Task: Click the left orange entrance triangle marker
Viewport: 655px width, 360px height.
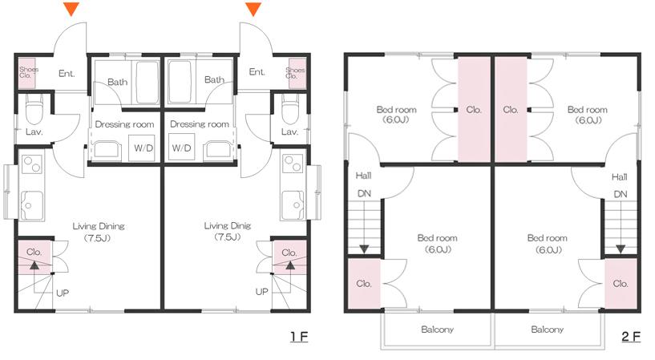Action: pos(71,9)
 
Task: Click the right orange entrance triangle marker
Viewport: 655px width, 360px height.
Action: pos(253,9)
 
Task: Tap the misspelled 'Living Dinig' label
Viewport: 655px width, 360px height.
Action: pos(227,226)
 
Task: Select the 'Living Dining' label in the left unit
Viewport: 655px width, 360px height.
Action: pos(99,226)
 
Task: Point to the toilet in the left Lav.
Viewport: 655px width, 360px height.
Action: pos(34,108)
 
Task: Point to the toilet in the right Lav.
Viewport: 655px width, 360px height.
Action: pos(290,108)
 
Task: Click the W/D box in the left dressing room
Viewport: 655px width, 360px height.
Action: pos(142,148)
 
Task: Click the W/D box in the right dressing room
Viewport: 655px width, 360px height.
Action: pos(182,148)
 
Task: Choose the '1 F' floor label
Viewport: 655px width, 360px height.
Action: pos(299,336)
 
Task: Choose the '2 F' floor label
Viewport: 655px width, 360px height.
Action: pos(631,336)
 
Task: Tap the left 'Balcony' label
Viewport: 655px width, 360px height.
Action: pos(438,330)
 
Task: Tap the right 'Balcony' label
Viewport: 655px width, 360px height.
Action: pos(548,330)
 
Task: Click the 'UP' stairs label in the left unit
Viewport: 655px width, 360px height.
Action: pos(63,293)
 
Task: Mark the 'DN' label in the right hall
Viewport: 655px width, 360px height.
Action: pos(621,194)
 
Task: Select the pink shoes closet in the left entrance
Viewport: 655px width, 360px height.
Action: pos(26,73)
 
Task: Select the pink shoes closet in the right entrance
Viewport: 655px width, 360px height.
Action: pos(297,73)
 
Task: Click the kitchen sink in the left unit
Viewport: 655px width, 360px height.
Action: pos(32,204)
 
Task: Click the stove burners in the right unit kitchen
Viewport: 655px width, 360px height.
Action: pos(293,164)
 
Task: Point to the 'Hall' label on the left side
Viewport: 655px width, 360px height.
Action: pos(363,176)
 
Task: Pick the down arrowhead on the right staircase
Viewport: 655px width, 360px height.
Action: pos(621,249)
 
